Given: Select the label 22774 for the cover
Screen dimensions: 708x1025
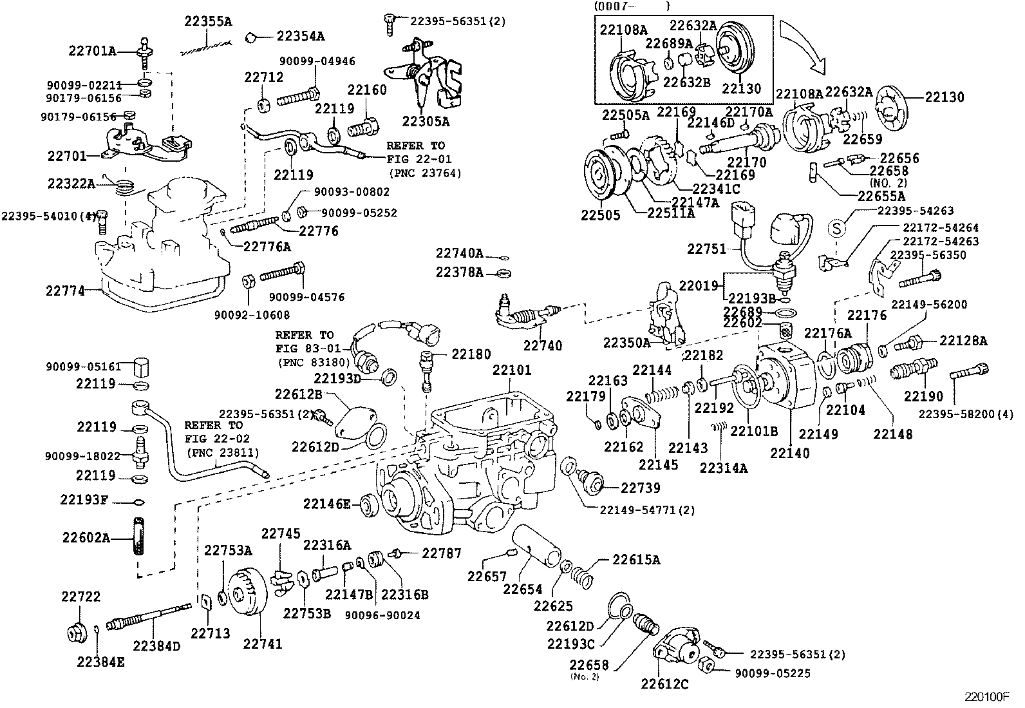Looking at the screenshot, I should click(x=65, y=291).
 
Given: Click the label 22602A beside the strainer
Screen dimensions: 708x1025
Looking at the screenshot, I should click(x=86, y=537).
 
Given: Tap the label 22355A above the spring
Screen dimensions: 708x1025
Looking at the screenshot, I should click(x=207, y=21).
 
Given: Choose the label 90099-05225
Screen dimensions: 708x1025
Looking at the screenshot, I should click(x=772, y=673).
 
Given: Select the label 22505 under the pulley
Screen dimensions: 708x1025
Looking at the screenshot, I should click(x=601, y=215).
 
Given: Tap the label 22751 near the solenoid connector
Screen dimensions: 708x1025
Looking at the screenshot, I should click(x=706, y=249).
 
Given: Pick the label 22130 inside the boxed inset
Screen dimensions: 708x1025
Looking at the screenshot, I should click(x=741, y=89).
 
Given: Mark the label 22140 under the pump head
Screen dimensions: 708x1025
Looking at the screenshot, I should click(x=789, y=453).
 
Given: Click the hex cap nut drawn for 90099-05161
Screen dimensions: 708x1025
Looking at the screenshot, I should click(x=142, y=368).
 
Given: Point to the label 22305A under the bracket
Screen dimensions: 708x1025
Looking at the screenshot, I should click(x=426, y=120).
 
